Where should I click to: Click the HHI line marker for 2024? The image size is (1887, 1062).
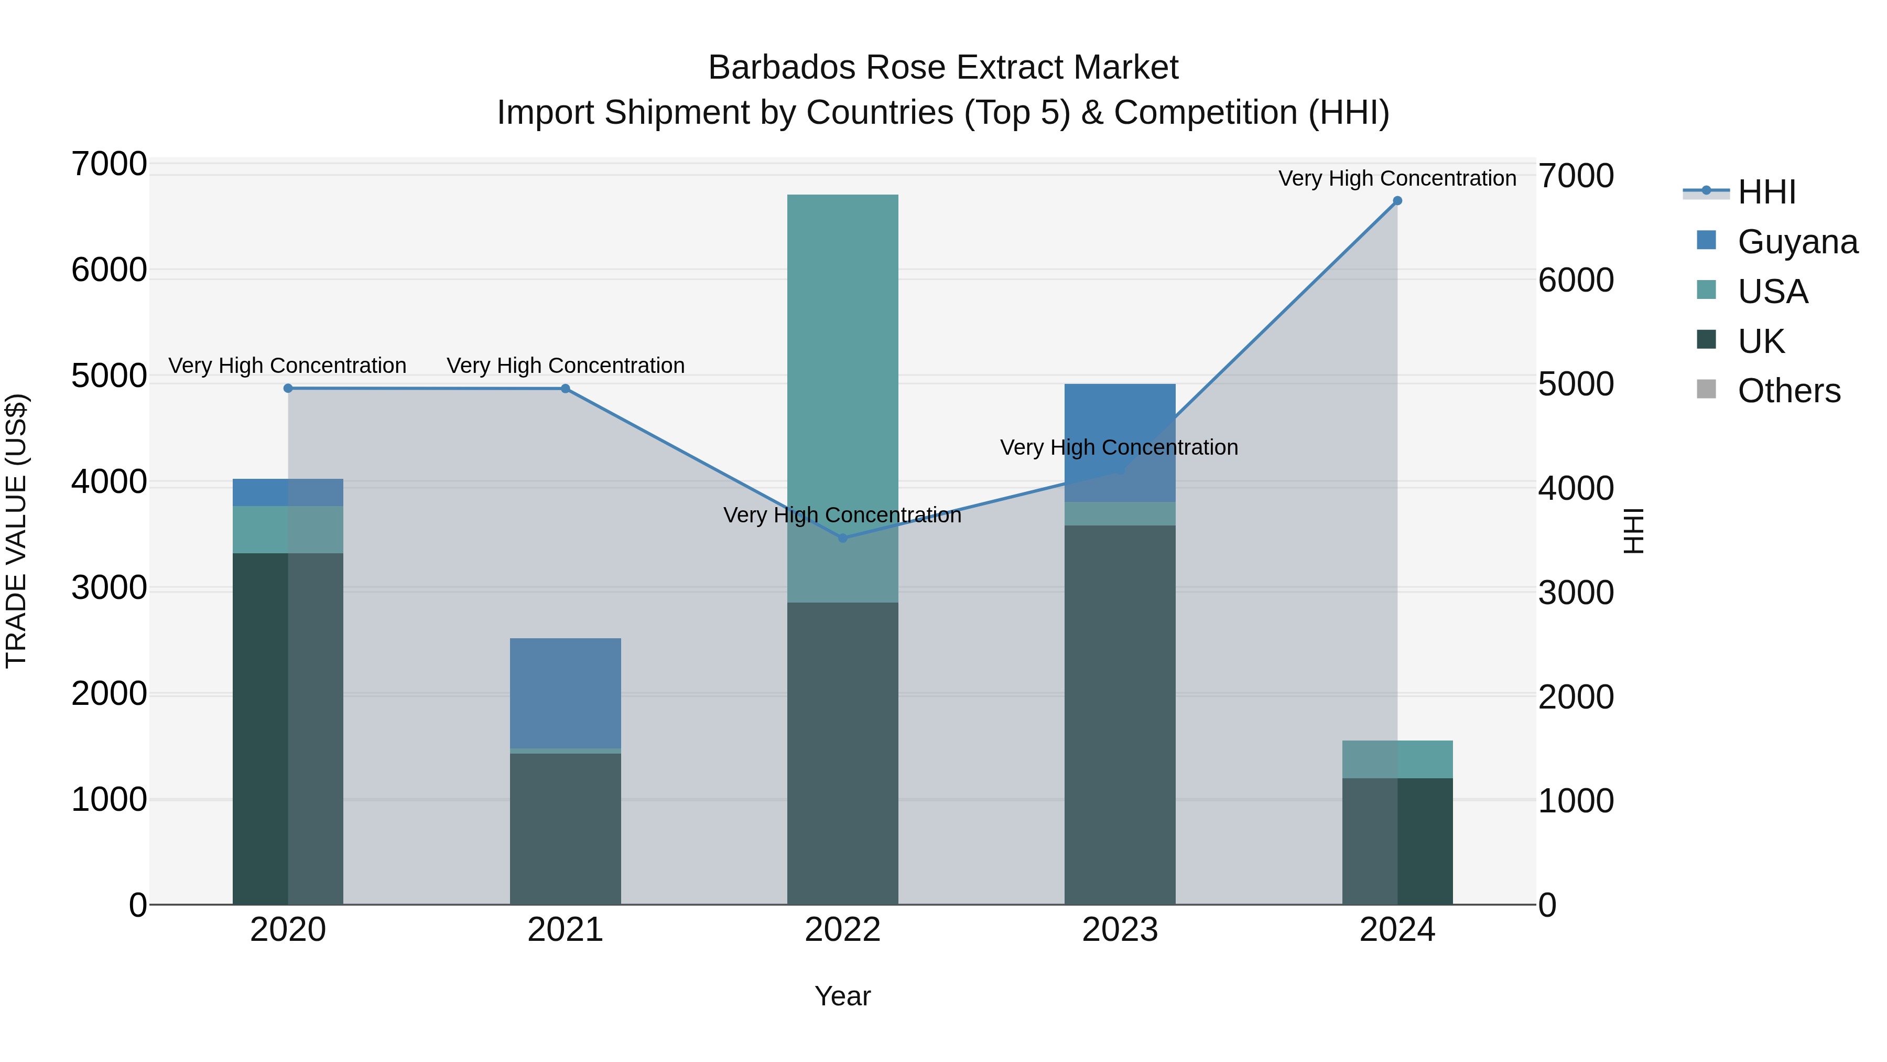click(x=1397, y=201)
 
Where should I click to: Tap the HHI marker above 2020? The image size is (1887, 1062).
click(x=288, y=389)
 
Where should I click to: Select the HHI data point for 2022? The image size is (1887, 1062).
click(x=842, y=538)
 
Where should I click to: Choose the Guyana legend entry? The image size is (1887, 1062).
click(x=1796, y=242)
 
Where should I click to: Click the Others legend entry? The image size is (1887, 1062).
click(x=1787, y=391)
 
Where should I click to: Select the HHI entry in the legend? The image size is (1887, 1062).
click(x=1765, y=192)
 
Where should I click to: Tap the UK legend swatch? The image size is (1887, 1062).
click(x=1706, y=340)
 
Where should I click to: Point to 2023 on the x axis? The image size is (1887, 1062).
click(x=1119, y=930)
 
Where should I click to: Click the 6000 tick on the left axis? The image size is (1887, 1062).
click(x=109, y=271)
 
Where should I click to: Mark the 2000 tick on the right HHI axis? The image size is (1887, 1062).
click(x=1576, y=697)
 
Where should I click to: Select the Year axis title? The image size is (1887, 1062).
click(x=842, y=996)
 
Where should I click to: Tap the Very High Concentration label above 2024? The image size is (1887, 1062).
click(x=1397, y=178)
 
